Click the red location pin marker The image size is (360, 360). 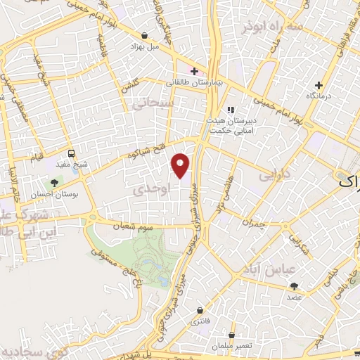point(181,164)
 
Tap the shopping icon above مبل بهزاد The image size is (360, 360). point(144,35)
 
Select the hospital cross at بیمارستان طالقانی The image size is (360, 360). point(194,71)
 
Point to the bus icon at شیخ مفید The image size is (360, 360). point(71,154)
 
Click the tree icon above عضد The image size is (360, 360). point(294,286)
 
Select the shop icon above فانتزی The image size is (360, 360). point(200,310)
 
